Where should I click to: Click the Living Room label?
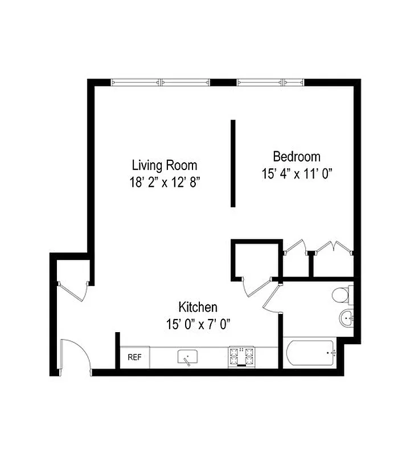point(165,166)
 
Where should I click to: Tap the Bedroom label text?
point(297,156)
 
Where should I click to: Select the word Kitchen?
point(198,308)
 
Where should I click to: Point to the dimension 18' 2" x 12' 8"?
point(165,183)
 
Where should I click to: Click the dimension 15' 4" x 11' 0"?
point(297,173)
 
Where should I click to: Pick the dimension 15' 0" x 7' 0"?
point(198,324)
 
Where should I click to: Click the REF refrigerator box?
point(134,358)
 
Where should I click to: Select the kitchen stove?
point(241,357)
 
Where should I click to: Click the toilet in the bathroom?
point(342,295)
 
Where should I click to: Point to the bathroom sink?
point(346,318)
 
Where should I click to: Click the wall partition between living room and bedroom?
point(233,163)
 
